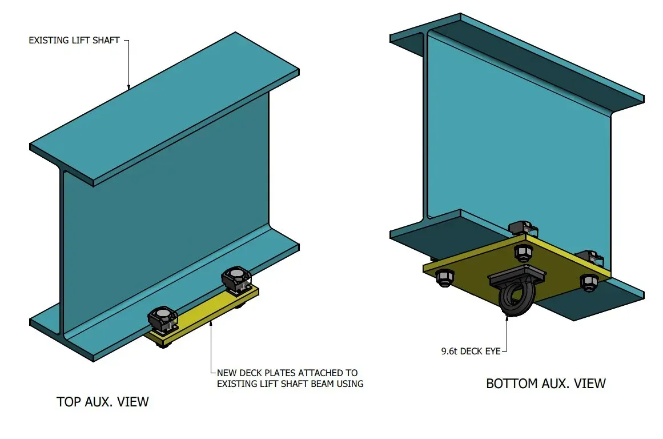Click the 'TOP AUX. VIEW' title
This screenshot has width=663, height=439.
tap(103, 402)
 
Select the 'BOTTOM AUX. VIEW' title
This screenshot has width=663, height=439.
tap(545, 383)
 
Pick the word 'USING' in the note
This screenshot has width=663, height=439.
tap(348, 384)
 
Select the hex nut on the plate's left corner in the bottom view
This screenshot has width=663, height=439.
tap(445, 277)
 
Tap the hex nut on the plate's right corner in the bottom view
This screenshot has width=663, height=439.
tap(588, 282)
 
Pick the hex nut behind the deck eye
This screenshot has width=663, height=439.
tap(522, 252)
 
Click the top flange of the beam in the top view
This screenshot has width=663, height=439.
tap(166, 109)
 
